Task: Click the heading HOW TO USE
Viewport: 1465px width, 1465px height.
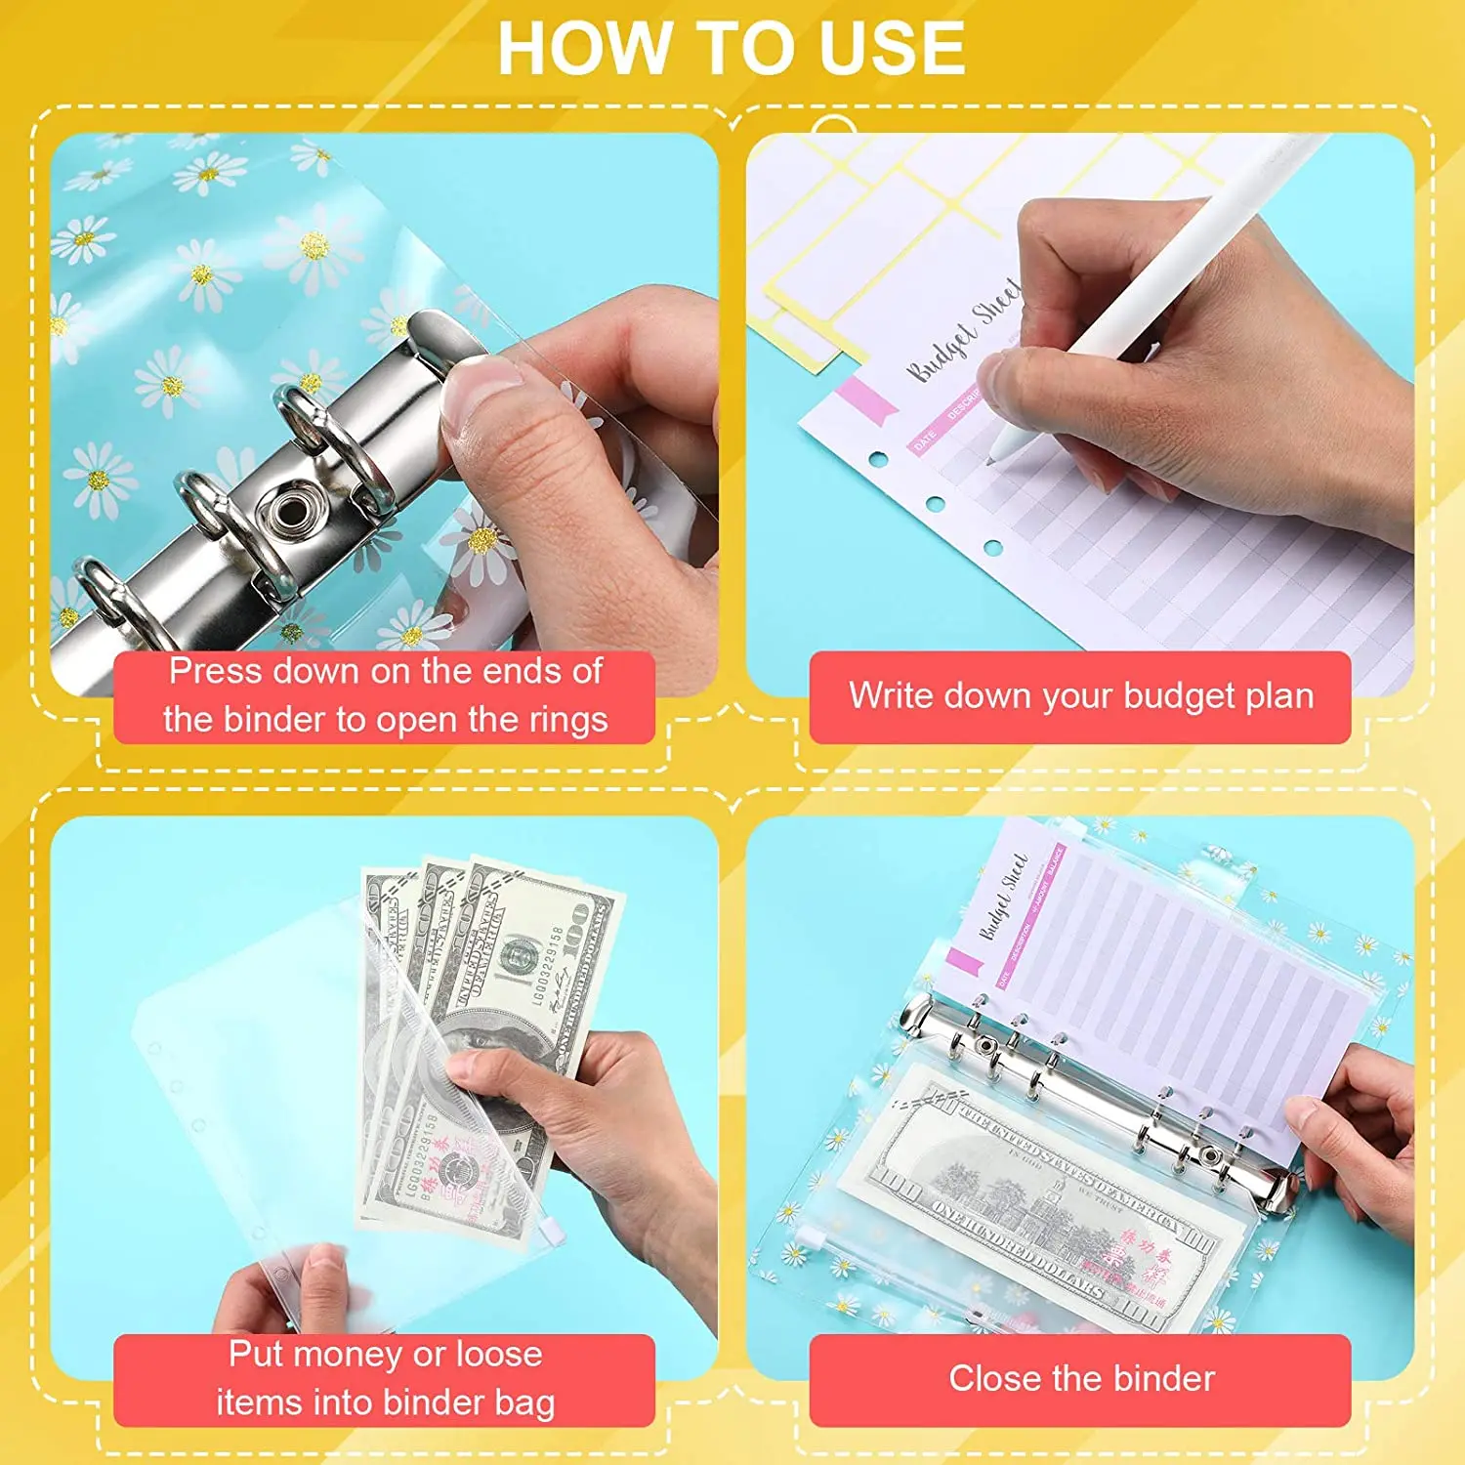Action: (x=731, y=49)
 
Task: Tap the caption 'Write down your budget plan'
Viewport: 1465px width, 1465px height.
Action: (x=1080, y=696)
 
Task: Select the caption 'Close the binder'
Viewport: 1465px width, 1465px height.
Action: (x=1081, y=1379)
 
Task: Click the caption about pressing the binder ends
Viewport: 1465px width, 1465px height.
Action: (x=385, y=695)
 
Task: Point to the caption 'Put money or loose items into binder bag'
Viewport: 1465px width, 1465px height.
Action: (x=385, y=1378)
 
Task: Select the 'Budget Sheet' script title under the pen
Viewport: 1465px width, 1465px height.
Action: (x=962, y=332)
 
